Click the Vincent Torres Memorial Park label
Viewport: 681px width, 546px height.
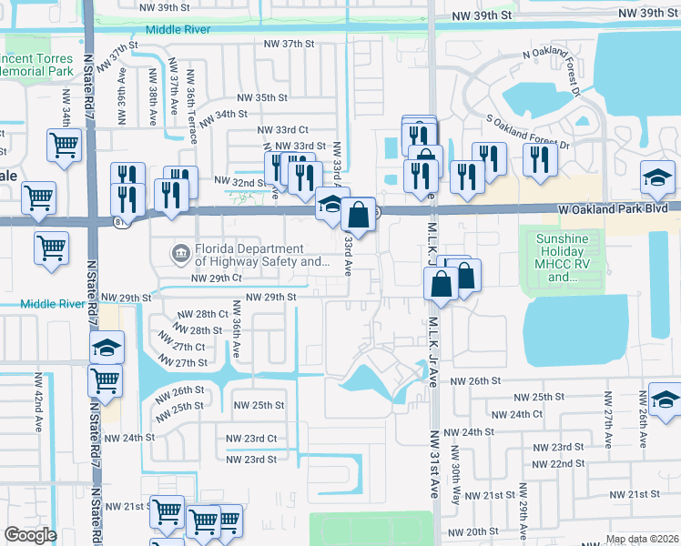[36, 65]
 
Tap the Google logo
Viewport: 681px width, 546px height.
[30, 535]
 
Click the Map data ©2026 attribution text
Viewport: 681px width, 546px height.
[641, 539]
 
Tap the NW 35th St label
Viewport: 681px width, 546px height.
[262, 98]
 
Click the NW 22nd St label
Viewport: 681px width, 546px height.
[559, 463]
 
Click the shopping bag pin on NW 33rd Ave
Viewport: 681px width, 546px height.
[360, 217]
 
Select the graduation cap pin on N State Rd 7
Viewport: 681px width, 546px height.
[107, 348]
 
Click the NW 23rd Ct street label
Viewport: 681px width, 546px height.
[251, 439]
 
